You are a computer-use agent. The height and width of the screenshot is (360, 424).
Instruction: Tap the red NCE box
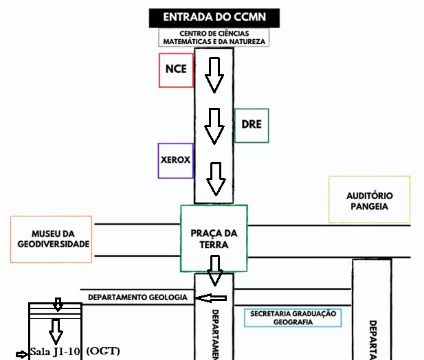[x=176, y=69]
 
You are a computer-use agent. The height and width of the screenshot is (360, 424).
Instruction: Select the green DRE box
[x=251, y=125]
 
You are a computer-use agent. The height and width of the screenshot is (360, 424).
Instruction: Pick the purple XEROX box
[x=175, y=161]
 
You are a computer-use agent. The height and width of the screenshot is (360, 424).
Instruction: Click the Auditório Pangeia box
[x=370, y=200]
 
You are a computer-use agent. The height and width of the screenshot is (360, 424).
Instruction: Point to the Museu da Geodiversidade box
[x=51, y=239]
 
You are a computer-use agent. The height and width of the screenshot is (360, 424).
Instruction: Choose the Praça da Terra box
[x=214, y=238]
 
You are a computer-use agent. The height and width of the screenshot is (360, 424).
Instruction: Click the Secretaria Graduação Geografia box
[x=293, y=317]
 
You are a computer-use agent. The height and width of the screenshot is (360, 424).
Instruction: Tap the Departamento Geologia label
[x=137, y=297]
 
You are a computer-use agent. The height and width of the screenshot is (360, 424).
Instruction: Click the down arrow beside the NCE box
[x=214, y=75]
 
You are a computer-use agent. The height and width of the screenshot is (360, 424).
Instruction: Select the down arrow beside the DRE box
[x=214, y=126]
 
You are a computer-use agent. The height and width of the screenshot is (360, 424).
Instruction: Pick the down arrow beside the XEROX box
[x=216, y=179]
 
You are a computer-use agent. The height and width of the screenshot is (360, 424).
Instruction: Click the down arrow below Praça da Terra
[x=215, y=270]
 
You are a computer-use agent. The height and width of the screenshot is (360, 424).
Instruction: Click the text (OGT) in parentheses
[x=104, y=352]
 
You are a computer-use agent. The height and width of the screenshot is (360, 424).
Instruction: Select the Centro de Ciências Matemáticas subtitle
[x=213, y=37]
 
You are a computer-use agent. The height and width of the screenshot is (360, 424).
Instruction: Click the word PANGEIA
[x=370, y=206]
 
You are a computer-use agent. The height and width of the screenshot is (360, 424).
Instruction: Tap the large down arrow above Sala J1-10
[x=57, y=330]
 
